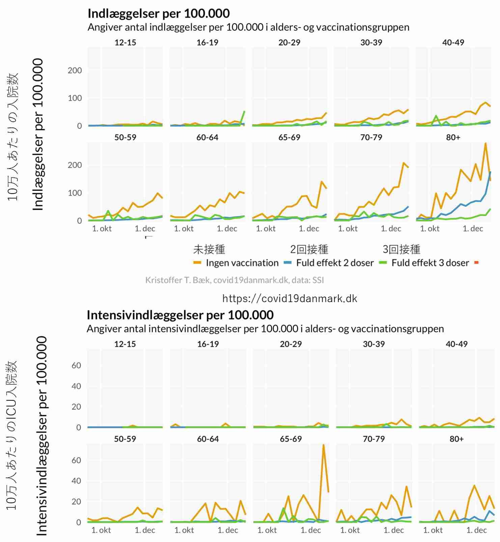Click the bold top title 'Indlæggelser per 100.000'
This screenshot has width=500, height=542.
tap(159, 13)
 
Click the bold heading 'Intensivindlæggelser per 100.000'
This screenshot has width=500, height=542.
tap(180, 315)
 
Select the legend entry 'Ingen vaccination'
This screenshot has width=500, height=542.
tap(242, 263)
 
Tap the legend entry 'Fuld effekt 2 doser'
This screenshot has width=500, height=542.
tap(335, 263)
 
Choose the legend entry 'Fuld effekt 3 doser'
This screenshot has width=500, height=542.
tap(430, 263)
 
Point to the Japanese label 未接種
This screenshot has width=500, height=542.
tap(209, 250)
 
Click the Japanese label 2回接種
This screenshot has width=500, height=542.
tap(309, 250)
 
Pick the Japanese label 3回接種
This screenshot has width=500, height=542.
tap(401, 250)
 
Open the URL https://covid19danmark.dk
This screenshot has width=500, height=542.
tap(290, 298)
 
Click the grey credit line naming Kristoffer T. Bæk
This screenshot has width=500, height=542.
tap(234, 280)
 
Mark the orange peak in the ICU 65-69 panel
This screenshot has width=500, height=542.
tap(324, 445)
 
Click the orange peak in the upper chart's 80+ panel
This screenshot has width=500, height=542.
tap(485, 144)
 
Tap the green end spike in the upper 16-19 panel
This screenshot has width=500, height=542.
tap(244, 112)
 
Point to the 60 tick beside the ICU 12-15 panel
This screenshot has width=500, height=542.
tap(76, 365)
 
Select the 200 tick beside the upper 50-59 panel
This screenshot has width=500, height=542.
tap(75, 165)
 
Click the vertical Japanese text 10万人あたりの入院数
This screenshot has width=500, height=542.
tap(13, 137)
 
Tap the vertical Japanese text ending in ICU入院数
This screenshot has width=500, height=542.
tap(11, 435)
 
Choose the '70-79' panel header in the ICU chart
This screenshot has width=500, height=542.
tap(373, 439)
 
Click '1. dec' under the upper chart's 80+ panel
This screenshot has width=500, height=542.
tap(473, 229)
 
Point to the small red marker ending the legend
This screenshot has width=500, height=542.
tap(476, 263)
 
